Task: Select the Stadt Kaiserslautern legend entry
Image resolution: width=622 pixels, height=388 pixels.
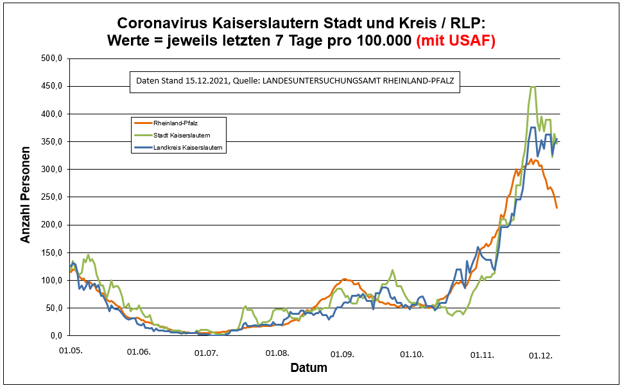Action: tap(181, 135)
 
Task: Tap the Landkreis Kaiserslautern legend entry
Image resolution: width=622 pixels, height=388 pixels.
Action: tap(187, 148)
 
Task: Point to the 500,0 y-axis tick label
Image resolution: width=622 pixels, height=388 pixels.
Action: tap(49, 58)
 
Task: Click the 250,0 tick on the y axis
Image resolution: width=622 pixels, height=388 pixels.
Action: tap(49, 197)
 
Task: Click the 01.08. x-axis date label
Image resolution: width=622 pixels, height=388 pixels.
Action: tap(277, 353)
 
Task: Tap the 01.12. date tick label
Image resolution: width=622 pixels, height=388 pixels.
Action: tap(540, 355)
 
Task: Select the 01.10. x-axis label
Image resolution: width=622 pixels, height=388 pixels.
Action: tap(411, 354)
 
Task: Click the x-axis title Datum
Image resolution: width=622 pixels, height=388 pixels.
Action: tap(309, 368)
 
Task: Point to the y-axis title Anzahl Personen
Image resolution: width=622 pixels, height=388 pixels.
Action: tap(26, 197)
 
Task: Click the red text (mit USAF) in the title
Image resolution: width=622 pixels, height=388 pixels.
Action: tap(456, 40)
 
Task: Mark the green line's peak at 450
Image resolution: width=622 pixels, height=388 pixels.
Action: tap(533, 87)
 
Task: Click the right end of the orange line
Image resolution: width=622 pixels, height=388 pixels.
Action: tap(557, 207)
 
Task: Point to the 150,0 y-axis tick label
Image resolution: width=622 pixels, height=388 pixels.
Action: tap(49, 252)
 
